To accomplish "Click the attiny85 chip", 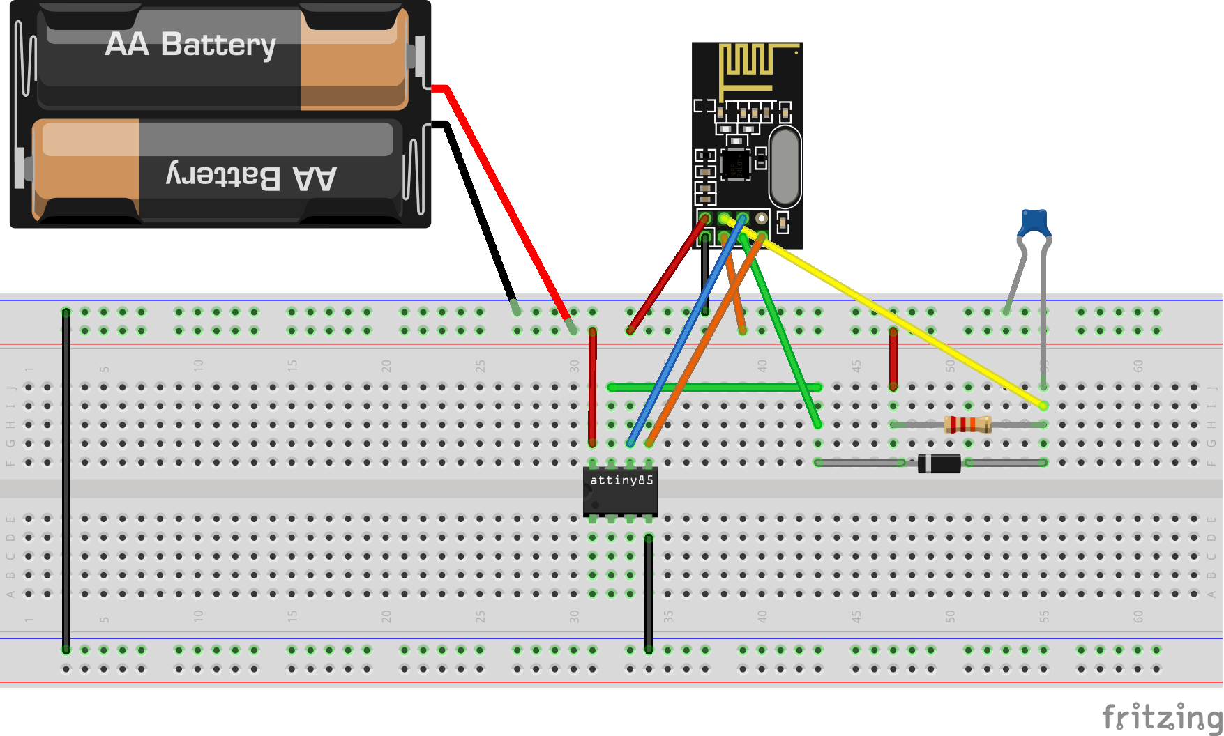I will [x=620, y=491].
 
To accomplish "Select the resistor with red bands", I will [x=967, y=424].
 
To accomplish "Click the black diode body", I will [x=939, y=463].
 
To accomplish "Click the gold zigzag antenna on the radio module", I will [x=750, y=66].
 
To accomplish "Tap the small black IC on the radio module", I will [x=735, y=164].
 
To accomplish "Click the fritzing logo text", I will [x=1161, y=716].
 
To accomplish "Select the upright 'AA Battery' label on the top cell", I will [x=190, y=45].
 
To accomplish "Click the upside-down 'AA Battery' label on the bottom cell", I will [x=252, y=177].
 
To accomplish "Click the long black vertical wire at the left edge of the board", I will [x=66, y=481].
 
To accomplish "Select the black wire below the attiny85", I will [x=649, y=592].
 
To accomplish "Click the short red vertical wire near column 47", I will [x=893, y=359].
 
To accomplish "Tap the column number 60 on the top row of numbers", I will [x=1138, y=365].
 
